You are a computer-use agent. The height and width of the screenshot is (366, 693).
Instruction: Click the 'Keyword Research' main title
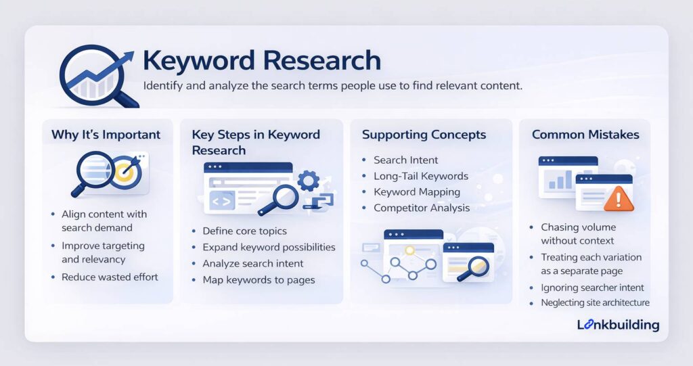[261, 60]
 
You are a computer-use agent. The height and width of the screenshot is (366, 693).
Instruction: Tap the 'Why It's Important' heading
[106, 135]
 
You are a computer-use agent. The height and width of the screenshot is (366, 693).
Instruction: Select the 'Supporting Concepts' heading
[424, 135]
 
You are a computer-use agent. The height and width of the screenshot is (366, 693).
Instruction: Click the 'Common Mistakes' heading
[585, 135]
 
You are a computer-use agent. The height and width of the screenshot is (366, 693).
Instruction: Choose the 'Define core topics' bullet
[244, 231]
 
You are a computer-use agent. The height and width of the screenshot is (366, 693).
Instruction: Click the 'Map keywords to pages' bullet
[259, 279]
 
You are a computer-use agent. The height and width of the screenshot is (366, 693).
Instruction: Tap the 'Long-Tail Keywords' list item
[420, 176]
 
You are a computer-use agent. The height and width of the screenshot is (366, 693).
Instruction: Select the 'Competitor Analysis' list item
[422, 208]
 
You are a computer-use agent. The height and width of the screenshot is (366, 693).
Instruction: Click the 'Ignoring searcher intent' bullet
[592, 288]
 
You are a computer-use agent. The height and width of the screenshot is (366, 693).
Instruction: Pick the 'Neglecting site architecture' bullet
[595, 303]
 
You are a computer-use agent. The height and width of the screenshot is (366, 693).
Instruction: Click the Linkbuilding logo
[618, 325]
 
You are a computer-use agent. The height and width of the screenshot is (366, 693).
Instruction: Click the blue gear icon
[308, 180]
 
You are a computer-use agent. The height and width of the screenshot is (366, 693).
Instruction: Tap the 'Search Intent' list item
[406, 160]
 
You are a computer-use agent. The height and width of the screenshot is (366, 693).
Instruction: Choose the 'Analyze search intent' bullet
[253, 263]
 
